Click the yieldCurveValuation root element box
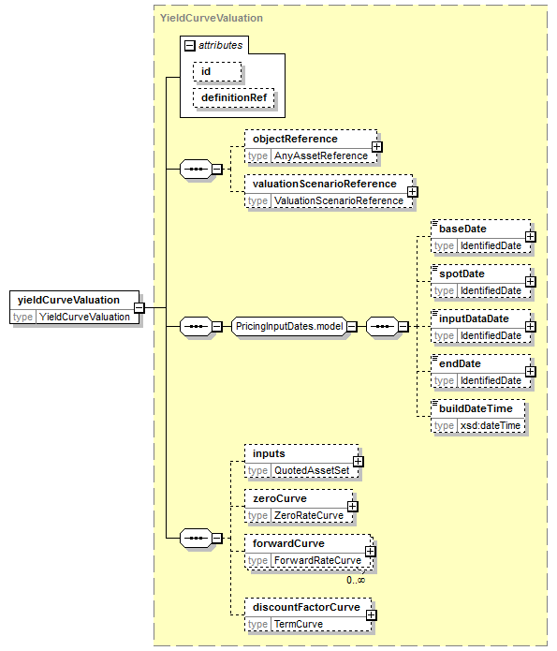[74, 307]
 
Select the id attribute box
[217, 72]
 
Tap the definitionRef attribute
[234, 98]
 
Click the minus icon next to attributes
[190, 45]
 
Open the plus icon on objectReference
[377, 147]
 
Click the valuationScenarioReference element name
[325, 184]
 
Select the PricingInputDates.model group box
[289, 327]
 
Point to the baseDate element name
[462, 229]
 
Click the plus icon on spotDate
[531, 282]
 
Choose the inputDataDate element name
[474, 318]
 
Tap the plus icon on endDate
[531, 372]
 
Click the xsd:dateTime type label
[491, 425]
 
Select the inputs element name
[269, 453]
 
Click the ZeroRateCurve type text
[309, 516]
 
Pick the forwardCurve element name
[288, 543]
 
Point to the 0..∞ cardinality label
[356, 580]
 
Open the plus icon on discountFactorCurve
[372, 615]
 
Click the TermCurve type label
[299, 624]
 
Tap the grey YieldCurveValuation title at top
[212, 19]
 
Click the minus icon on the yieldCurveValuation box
[139, 307]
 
